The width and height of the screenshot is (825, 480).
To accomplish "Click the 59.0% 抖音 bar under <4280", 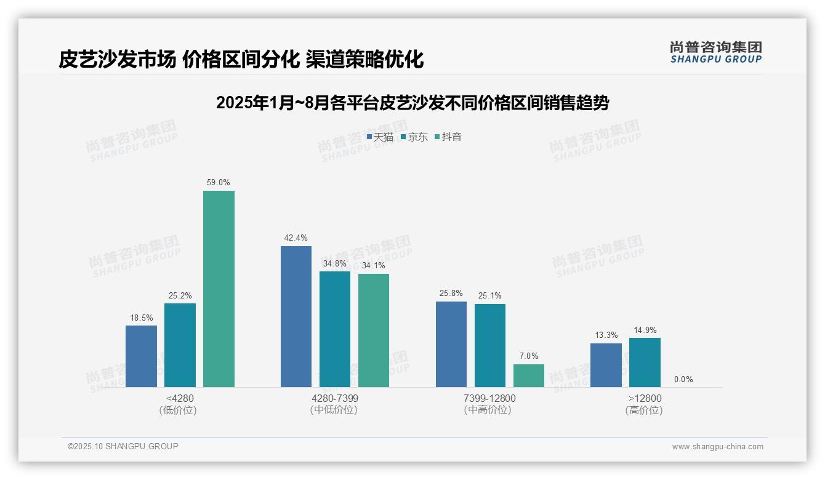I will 219,289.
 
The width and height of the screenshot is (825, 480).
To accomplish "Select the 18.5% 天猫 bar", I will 141,356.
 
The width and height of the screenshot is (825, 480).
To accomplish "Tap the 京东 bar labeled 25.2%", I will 180,345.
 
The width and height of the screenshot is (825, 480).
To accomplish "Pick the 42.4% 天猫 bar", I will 296,316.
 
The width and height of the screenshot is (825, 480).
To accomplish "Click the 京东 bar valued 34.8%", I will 335,329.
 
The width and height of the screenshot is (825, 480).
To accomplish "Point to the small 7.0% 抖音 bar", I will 529,375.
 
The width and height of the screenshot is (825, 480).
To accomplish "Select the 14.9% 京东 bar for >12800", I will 645,362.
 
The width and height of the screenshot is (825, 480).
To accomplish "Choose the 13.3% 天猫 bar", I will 606,365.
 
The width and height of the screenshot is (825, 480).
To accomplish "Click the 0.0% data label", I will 683,379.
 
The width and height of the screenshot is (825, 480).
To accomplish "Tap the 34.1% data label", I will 374,266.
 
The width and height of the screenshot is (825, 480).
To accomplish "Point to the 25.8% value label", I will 451,294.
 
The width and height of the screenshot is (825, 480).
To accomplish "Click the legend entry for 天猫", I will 380,137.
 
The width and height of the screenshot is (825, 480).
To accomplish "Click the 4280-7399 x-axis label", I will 335,398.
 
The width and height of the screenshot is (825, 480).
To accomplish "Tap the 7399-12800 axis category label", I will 489,398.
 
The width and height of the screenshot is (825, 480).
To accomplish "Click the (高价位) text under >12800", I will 644,410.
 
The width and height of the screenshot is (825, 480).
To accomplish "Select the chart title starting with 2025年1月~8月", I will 412,103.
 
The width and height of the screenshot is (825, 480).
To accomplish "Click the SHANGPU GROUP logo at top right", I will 715,52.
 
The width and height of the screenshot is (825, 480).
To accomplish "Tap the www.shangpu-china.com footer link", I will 717,446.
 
